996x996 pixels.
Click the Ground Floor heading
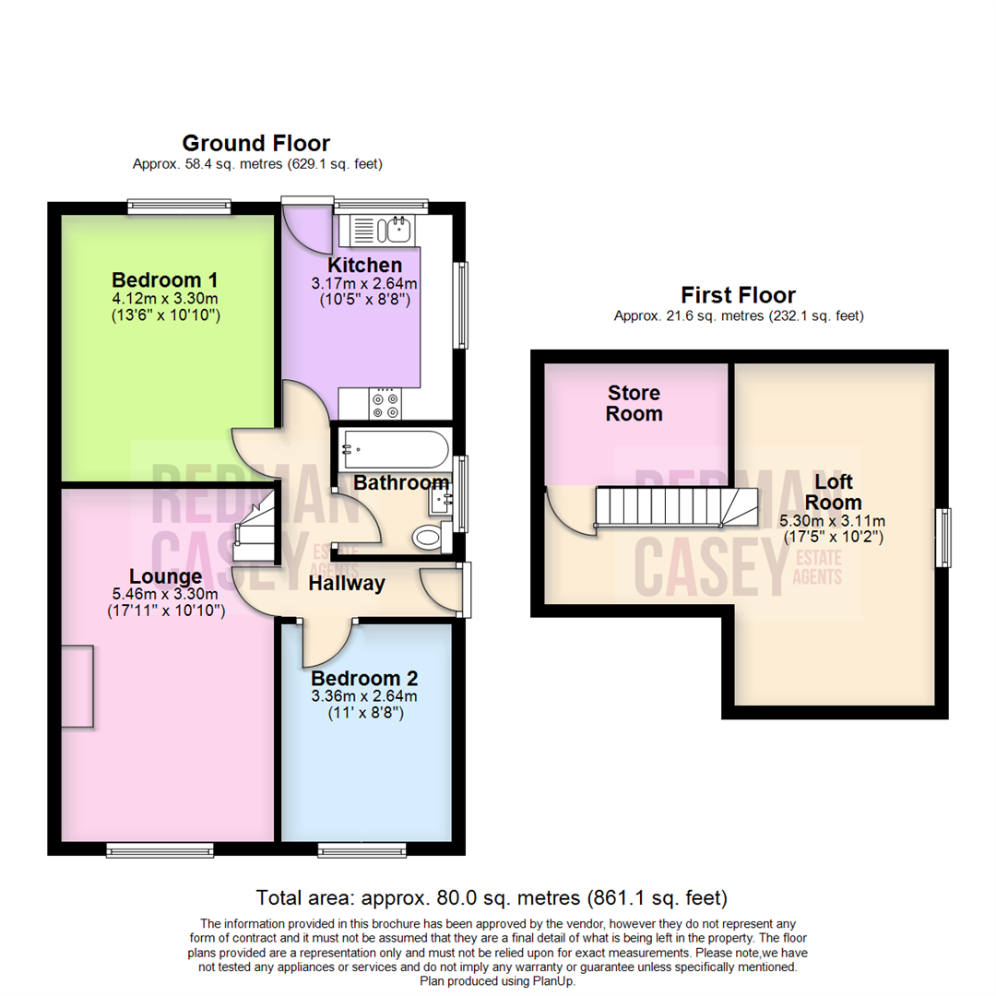tap(255, 143)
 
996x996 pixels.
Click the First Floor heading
tap(738, 295)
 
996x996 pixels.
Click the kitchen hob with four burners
tap(384, 403)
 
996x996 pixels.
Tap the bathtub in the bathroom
tap(394, 451)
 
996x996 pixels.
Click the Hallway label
tap(346, 584)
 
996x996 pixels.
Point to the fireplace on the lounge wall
tap(77, 688)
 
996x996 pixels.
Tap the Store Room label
tap(634, 403)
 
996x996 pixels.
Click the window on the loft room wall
tap(943, 538)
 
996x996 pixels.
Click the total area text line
tap(492, 896)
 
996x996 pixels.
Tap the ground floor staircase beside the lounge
tap(255, 528)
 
